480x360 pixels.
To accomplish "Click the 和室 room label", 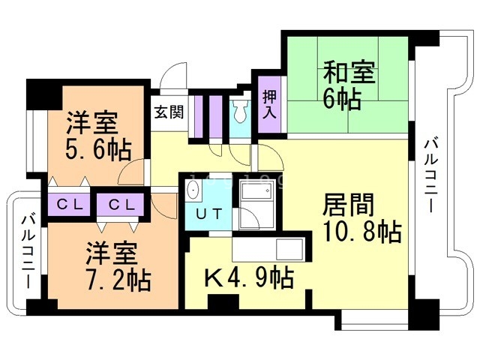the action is (349, 72).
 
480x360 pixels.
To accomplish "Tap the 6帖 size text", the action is (342, 100).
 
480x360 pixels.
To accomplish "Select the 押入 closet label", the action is (270, 104).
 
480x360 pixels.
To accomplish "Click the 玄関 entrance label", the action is (169, 112).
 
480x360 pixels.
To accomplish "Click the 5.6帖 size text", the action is (98, 150).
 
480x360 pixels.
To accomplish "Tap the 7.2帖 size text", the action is (118, 279).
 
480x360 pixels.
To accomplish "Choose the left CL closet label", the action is (70, 204).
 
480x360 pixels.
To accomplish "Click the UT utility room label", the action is (209, 214).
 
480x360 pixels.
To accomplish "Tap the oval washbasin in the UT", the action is (193, 190).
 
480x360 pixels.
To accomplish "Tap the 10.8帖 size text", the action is (362, 232).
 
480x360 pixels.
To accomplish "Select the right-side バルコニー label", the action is (431, 175).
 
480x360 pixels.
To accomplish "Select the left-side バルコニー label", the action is (28, 252).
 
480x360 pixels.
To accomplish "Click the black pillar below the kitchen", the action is (223, 301).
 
